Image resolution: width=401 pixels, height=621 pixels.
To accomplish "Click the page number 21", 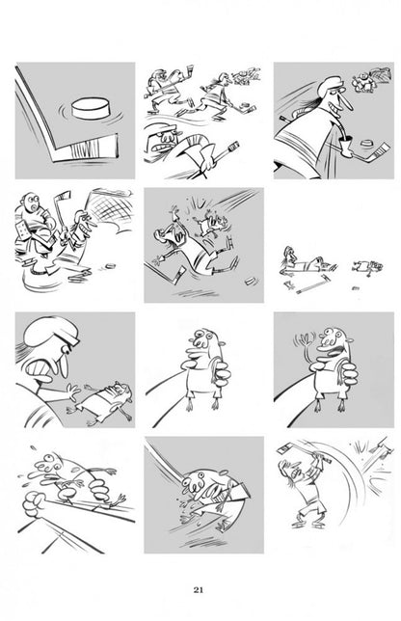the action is click(x=199, y=590).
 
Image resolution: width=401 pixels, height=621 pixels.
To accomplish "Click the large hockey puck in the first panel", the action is click(x=91, y=108).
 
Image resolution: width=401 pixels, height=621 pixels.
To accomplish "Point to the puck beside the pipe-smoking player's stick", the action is click(x=368, y=143).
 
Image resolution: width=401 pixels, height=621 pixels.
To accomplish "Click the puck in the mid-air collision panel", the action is click(x=250, y=282).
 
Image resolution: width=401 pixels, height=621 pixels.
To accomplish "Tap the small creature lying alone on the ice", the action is click(x=366, y=267).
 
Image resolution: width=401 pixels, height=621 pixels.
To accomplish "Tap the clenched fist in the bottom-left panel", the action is click(x=33, y=504).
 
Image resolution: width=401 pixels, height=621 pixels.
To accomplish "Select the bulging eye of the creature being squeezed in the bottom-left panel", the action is click(x=48, y=459).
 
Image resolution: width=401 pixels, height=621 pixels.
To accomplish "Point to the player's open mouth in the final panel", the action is click(x=295, y=472).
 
